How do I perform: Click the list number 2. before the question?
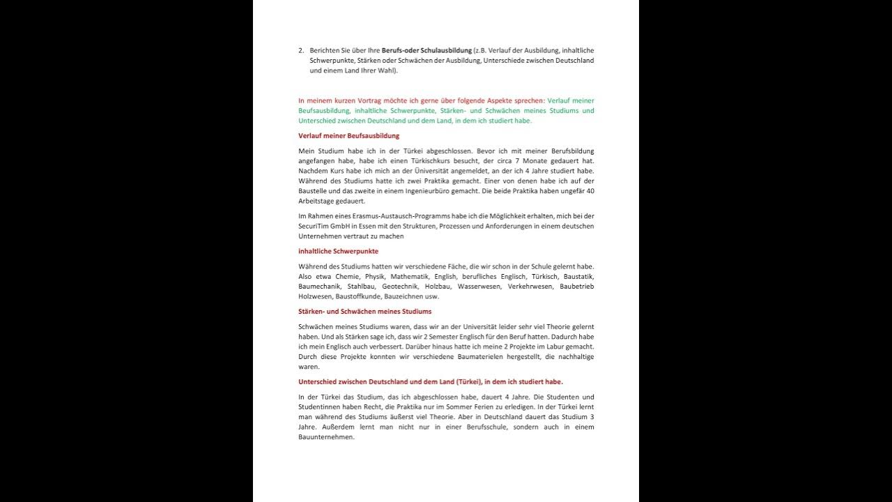point(301,50)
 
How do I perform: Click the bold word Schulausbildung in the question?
point(447,50)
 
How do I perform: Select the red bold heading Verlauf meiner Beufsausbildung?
point(348,136)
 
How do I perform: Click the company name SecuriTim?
point(313,227)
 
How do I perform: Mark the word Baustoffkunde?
point(357,296)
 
